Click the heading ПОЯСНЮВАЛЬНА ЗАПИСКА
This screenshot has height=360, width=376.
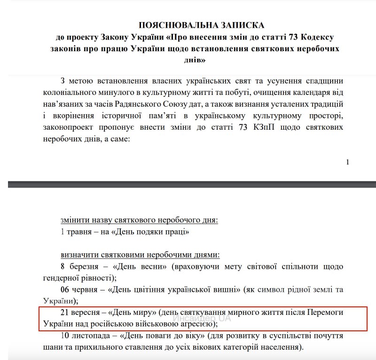(202, 25)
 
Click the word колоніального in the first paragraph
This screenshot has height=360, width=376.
(85, 91)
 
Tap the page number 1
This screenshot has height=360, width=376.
(347, 162)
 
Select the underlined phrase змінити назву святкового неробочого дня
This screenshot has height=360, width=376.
(139, 219)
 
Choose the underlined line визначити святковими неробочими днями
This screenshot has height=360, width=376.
(140, 255)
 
